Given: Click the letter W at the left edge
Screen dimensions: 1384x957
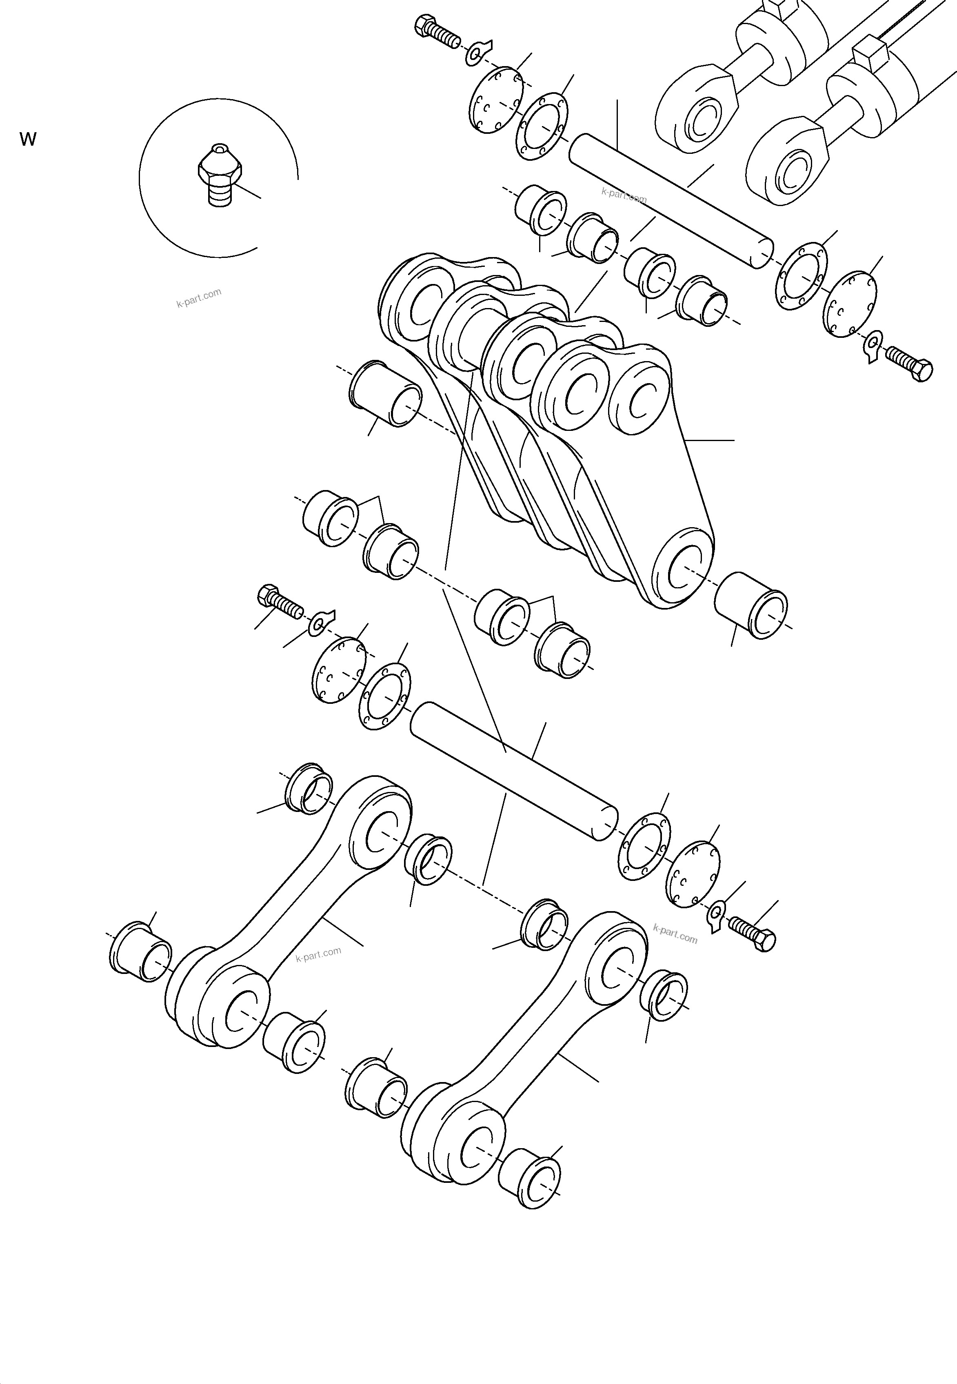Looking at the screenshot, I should point(28,140).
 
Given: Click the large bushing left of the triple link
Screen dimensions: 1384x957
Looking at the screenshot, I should point(385,393).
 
